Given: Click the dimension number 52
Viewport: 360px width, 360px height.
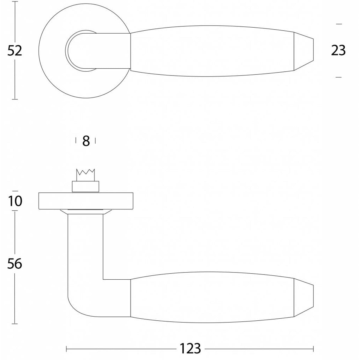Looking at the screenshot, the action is pyautogui.click(x=15, y=51).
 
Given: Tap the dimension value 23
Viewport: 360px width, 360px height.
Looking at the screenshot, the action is pyautogui.click(x=338, y=51).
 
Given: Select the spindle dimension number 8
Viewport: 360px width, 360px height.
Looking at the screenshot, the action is pyautogui.click(x=86, y=141).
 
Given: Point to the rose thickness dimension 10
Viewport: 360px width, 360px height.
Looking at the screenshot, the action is pyautogui.click(x=15, y=201).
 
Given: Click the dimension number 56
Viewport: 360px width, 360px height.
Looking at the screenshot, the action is pyautogui.click(x=15, y=264).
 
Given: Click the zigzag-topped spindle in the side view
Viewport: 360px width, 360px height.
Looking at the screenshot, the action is pyautogui.click(x=85, y=175).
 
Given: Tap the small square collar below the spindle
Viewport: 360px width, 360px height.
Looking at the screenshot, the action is pyautogui.click(x=85, y=186).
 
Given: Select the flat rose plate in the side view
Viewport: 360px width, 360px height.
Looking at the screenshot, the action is pyautogui.click(x=86, y=201).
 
